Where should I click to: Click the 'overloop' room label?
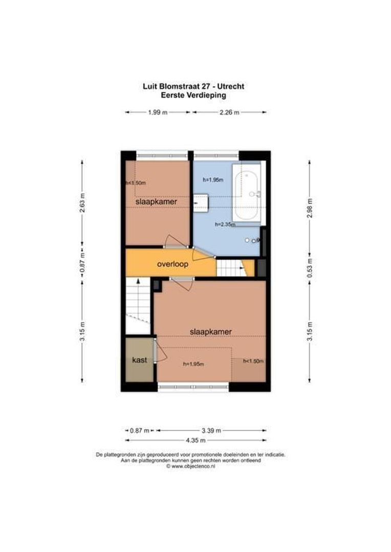(x=172, y=265)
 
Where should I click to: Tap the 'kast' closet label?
(x=139, y=360)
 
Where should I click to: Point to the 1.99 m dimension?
(x=158, y=112)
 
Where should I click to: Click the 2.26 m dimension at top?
(x=229, y=112)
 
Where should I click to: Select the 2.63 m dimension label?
(x=82, y=202)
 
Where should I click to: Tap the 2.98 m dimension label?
(x=309, y=208)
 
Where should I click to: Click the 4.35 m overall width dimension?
(x=196, y=440)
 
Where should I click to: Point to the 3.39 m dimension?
(x=211, y=430)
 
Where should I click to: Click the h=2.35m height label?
(x=225, y=224)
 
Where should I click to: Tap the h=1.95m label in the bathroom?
(x=213, y=179)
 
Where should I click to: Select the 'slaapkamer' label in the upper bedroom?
(x=157, y=202)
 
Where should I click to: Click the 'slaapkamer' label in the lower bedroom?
(x=210, y=332)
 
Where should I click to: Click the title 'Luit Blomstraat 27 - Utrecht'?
(x=193, y=86)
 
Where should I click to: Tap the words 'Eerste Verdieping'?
(x=193, y=95)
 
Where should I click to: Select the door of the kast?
(x=160, y=351)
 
